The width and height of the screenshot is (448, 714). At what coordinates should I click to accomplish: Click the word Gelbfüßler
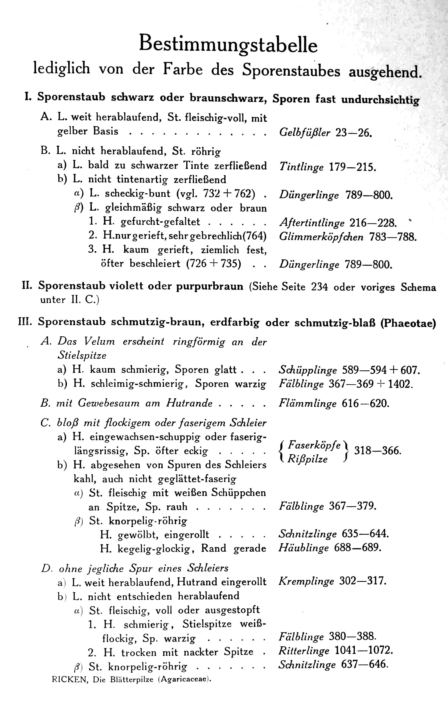305,132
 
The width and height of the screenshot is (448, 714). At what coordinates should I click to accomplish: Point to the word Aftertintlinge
312,223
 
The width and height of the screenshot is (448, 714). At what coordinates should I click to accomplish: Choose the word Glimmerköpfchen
321,237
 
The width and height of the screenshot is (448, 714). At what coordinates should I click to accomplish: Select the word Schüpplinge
307,370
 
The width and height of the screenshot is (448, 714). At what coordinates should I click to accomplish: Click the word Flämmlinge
307,403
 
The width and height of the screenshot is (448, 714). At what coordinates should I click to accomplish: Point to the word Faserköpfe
314,445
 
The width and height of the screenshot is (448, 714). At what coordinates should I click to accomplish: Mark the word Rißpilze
307,459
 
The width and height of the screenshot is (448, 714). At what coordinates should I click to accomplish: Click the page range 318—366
378,451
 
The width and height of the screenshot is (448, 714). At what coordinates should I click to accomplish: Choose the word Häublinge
303,548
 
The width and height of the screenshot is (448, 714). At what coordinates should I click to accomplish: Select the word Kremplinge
306,581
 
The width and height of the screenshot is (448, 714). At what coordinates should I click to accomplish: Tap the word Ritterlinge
304,651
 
